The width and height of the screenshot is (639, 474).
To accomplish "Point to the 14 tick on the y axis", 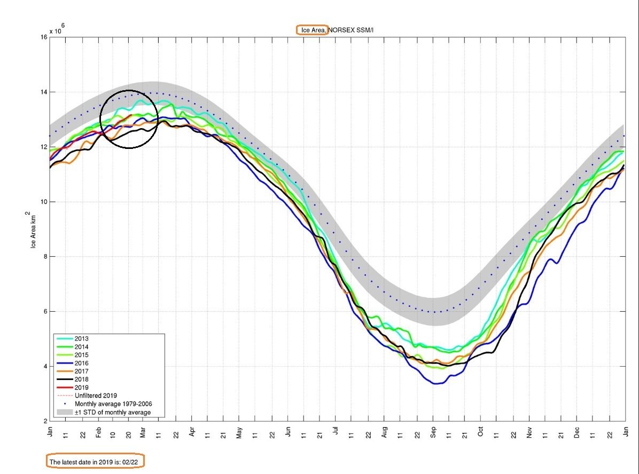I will click(x=43, y=92).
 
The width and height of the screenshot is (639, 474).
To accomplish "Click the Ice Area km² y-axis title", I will click(x=33, y=230).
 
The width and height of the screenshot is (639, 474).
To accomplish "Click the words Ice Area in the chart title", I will click(x=312, y=30).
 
